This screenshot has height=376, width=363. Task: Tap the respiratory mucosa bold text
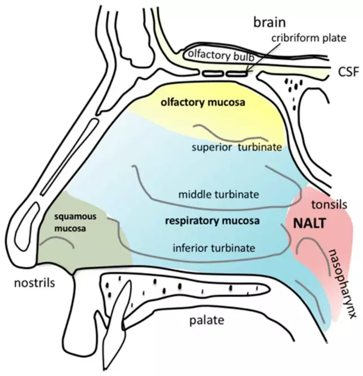[x=212, y=222]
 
